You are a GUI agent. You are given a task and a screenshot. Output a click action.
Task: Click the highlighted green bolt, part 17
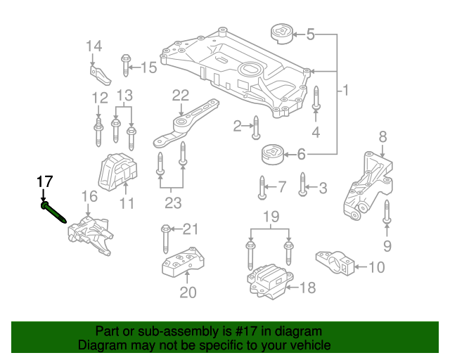pyautogui.click(x=54, y=212)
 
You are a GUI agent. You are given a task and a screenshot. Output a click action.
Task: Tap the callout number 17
pyautogui.click(x=45, y=181)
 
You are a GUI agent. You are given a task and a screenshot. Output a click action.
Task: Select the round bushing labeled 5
pyautogui.click(x=282, y=34)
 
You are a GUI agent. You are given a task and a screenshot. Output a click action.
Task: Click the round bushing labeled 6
pyautogui.click(x=273, y=155)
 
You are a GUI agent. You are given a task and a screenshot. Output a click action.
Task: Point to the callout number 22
pyautogui.click(x=181, y=96)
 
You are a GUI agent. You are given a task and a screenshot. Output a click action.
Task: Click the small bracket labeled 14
pyautogui.click(x=100, y=75)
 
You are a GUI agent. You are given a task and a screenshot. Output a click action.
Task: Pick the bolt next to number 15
pyautogui.click(x=125, y=65)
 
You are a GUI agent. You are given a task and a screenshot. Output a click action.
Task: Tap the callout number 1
pyautogui.click(x=345, y=90)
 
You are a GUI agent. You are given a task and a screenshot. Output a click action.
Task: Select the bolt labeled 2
pyautogui.click(x=256, y=128)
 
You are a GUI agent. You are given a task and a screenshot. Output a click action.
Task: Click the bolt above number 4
pyautogui.click(x=316, y=98)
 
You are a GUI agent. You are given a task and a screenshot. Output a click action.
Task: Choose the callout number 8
pyautogui.click(x=382, y=137)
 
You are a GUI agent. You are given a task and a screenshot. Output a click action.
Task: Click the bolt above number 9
pyautogui.click(x=387, y=212)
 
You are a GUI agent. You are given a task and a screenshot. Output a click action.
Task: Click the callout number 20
pyautogui.click(x=188, y=292)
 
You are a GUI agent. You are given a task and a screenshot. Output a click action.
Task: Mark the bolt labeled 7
pyautogui.click(x=262, y=188)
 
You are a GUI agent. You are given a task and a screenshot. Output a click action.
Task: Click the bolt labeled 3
pyautogui.click(x=303, y=184)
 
